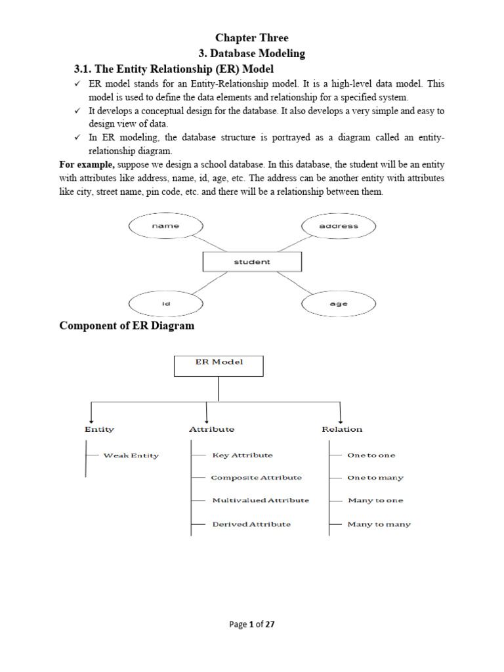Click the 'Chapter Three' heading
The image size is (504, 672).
pyautogui.click(x=251, y=37)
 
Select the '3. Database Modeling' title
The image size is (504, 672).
pyautogui.click(x=251, y=54)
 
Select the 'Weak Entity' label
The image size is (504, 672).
pyautogui.click(x=131, y=455)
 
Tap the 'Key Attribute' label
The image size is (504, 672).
pyautogui.click(x=243, y=455)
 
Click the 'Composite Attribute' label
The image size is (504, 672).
pyautogui.click(x=257, y=478)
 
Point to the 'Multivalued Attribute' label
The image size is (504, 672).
pyautogui.click(x=261, y=500)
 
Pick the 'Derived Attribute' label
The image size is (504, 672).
pyautogui.click(x=251, y=524)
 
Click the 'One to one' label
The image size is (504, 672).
pyautogui.click(x=371, y=455)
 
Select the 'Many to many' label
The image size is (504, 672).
pyautogui.click(x=379, y=524)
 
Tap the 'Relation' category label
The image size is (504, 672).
pyautogui.click(x=342, y=429)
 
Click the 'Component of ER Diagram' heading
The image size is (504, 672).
pyautogui.click(x=127, y=325)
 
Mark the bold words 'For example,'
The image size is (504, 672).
pyautogui.click(x=87, y=165)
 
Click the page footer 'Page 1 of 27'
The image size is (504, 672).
pyautogui.click(x=251, y=624)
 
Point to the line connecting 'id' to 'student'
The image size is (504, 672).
pyautogui.click(x=209, y=283)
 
